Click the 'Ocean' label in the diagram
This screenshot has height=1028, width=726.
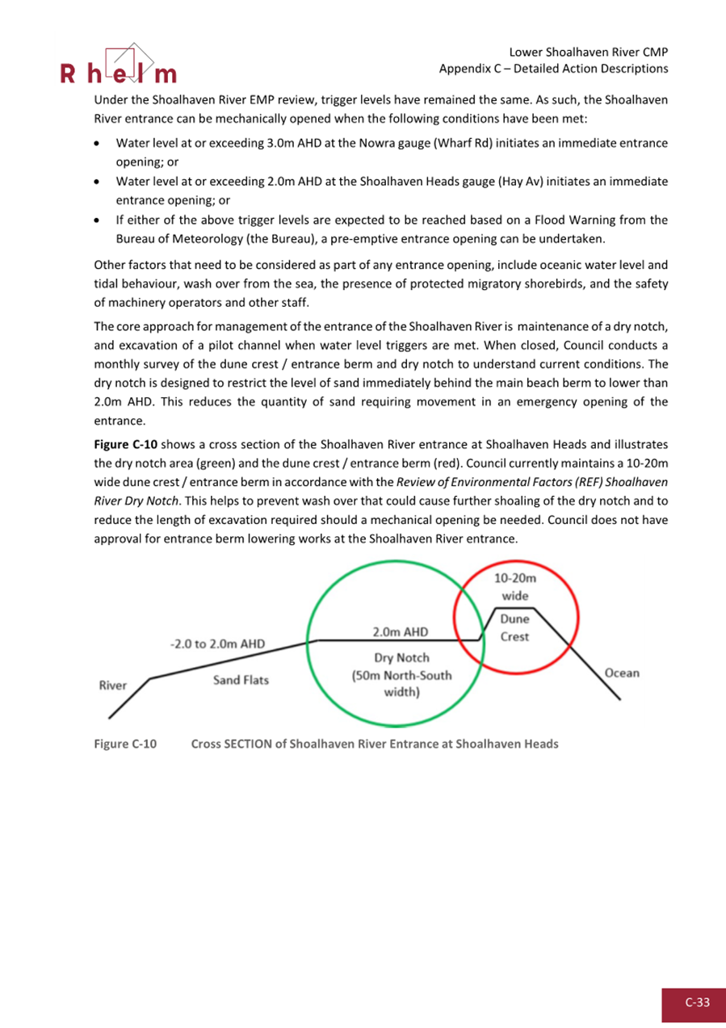[621, 673]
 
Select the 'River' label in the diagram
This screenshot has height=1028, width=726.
[113, 686]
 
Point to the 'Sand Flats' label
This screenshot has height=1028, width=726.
[241, 680]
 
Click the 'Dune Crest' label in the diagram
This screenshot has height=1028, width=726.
[514, 627]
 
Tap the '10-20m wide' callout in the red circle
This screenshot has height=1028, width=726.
[510, 587]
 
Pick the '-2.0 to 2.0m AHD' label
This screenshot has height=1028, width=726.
[217, 644]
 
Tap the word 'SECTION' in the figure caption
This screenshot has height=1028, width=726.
[245, 744]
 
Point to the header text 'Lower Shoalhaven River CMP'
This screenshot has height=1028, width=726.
[589, 52]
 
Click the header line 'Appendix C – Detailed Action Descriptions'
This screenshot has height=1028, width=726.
[553, 69]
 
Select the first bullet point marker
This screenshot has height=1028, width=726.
[98, 143]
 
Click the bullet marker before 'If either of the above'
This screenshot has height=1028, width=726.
[98, 220]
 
